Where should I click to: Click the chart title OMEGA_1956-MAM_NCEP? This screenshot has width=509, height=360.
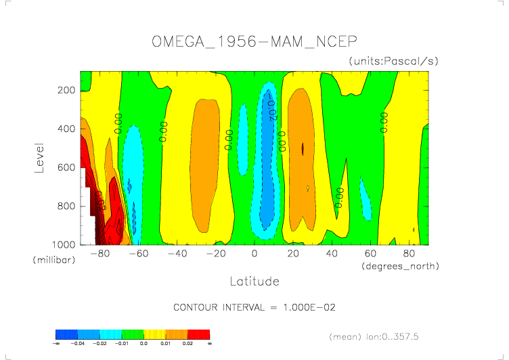click(x=255, y=41)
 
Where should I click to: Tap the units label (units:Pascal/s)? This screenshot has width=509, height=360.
click(x=394, y=61)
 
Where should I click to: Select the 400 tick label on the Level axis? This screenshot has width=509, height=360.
click(x=66, y=129)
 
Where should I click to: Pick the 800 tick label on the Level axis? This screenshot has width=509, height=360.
click(x=66, y=206)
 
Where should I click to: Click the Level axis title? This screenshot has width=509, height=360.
click(x=40, y=157)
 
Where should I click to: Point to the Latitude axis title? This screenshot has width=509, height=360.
click(x=255, y=281)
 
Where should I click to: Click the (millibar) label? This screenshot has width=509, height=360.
click(x=52, y=260)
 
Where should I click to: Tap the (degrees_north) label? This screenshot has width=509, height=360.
click(x=400, y=266)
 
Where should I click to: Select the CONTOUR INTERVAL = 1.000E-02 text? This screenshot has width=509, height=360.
click(x=255, y=307)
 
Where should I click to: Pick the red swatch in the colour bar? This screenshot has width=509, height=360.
click(x=199, y=334)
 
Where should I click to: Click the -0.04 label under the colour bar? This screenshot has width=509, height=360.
click(x=77, y=344)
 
